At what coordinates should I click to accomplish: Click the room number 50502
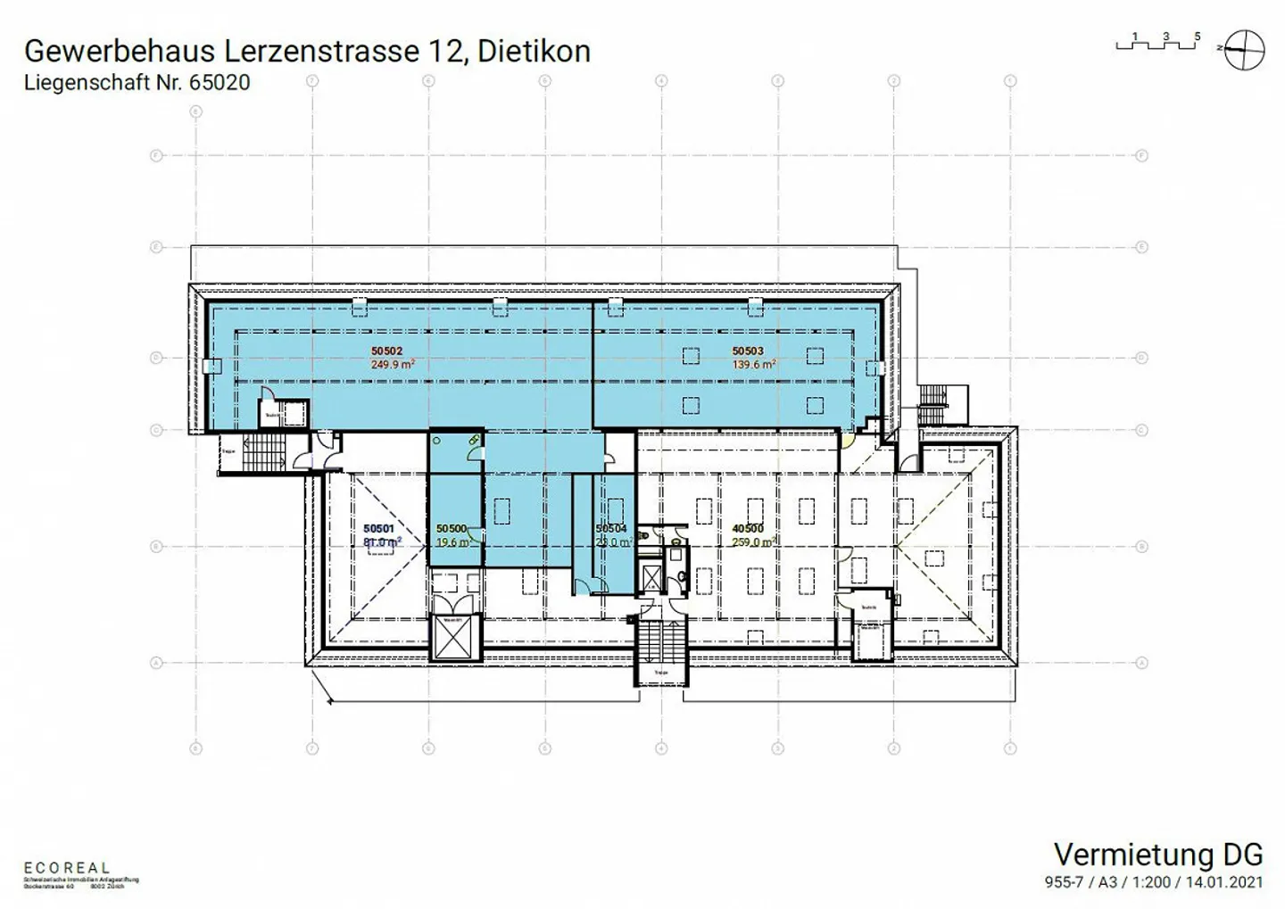click(386, 351)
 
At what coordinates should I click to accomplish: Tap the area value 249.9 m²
click(392, 365)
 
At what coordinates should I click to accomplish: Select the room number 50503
click(747, 351)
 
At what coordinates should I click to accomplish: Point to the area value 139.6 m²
click(753, 365)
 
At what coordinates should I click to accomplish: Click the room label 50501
click(378, 529)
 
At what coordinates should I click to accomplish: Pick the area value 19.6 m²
click(452, 542)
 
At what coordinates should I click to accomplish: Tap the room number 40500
click(747, 529)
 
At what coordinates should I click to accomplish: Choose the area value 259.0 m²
click(752, 542)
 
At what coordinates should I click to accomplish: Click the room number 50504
click(611, 529)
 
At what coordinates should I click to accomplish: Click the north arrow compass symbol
click(1244, 49)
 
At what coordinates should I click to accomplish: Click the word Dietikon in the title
click(534, 51)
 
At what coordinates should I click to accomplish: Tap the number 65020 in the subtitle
click(220, 83)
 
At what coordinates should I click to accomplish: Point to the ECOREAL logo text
click(67, 868)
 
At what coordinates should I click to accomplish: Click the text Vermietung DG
click(1157, 855)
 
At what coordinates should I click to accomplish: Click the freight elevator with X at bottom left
click(455, 638)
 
